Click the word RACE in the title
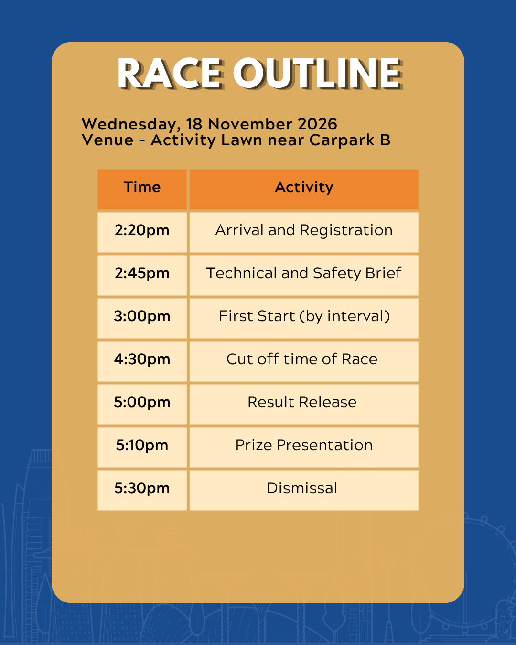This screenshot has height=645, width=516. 170,74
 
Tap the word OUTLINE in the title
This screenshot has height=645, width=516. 318,74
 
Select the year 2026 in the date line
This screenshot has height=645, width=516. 317,124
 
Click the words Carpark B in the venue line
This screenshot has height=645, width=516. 350,140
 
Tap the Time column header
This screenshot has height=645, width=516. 142,189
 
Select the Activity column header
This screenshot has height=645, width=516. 304,189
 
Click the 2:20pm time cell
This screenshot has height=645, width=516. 142,232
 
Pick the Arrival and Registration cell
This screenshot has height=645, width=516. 304,232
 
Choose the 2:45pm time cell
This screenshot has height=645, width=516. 142,275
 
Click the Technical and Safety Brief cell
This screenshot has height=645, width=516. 304,275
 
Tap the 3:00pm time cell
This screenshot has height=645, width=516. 142,318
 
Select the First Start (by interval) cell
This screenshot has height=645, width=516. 304,318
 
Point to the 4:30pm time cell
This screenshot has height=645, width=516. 142,361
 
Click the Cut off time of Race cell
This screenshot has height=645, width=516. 304,361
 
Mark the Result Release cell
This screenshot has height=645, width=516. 304,404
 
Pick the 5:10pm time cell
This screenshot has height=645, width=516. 142,447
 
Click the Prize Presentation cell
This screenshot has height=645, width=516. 304,447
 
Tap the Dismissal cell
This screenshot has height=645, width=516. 304,490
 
